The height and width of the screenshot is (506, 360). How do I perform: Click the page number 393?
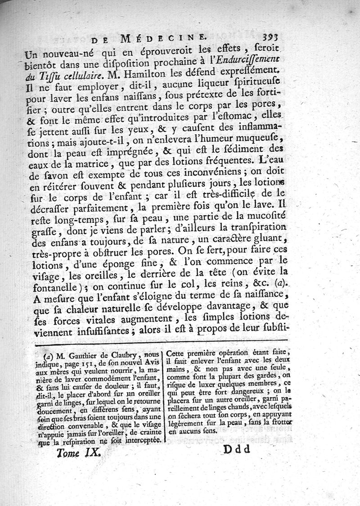point(274,38)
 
